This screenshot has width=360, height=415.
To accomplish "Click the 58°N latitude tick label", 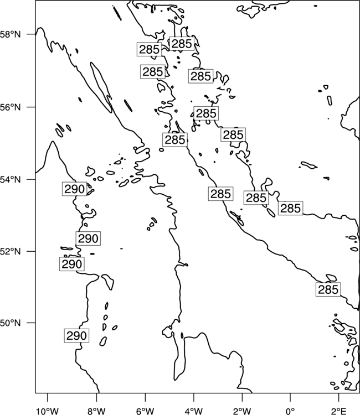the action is (x=10, y=34).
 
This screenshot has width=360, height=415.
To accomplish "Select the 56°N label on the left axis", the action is (x=10, y=107).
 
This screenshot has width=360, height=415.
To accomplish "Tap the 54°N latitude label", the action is (x=10, y=180).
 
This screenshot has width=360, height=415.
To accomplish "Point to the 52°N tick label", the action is (x=10, y=251).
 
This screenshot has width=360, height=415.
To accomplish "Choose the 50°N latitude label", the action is (x=10, y=323).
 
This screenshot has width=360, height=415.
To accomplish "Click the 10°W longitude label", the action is (x=48, y=412).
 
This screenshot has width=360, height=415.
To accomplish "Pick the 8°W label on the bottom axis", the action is (x=96, y=412).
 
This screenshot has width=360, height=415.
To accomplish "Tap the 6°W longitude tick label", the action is (x=145, y=412).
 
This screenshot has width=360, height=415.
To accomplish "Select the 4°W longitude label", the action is (x=194, y=412).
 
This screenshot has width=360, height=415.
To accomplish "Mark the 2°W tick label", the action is (x=242, y=412).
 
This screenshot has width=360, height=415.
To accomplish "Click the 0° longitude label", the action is (x=291, y=412).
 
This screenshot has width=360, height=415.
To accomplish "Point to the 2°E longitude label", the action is (x=339, y=412).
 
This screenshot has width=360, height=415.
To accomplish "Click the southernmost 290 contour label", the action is (x=76, y=336).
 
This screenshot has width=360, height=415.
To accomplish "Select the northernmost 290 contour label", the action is (x=74, y=189).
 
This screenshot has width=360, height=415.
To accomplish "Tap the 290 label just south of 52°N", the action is (x=72, y=264).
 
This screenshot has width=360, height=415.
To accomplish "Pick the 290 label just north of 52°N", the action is (x=88, y=238).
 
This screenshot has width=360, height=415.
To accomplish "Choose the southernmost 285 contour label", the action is (x=328, y=289).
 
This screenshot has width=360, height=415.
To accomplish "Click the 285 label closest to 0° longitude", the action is (x=291, y=208).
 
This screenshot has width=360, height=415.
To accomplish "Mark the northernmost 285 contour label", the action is (x=182, y=44).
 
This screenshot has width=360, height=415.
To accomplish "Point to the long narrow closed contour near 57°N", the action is (x=101, y=87).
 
